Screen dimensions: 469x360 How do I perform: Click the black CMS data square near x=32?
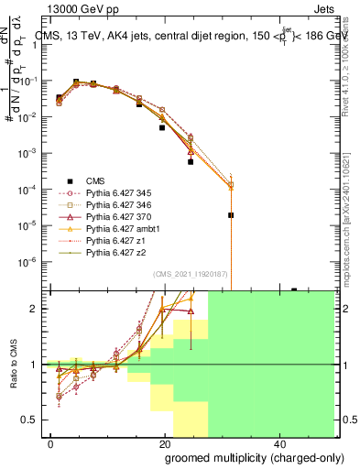tap(231, 215)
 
